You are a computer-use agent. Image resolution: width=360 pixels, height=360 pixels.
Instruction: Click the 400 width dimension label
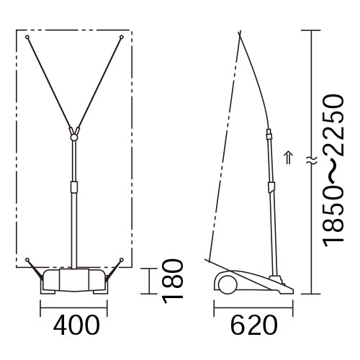(76, 325)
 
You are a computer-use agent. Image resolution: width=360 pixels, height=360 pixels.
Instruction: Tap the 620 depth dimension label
(254, 325)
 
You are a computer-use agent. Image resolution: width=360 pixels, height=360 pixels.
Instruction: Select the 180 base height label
(173, 282)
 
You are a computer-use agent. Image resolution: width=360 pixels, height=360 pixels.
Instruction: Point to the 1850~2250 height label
(333, 171)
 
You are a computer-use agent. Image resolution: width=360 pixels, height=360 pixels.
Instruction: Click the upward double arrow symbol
(289, 158)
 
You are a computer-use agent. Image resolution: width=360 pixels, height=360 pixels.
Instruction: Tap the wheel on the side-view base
(228, 284)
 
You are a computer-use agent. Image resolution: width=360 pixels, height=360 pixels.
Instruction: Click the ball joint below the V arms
(74, 138)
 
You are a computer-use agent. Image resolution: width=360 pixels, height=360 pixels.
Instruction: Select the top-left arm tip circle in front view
(27, 37)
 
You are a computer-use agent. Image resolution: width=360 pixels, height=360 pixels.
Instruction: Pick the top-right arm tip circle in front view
(122, 37)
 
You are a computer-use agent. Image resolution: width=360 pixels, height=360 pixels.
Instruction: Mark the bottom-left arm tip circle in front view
(27, 260)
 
